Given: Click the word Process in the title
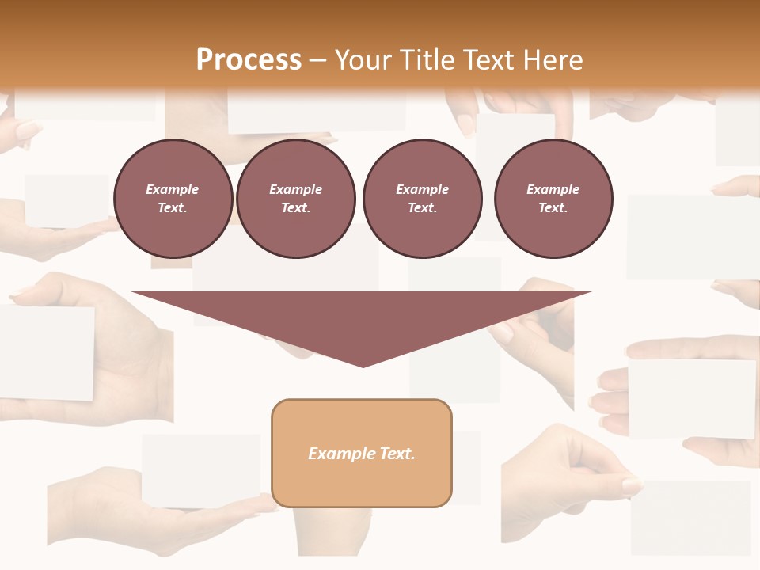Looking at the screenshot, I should click(x=249, y=60).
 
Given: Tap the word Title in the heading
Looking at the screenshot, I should click(x=430, y=60).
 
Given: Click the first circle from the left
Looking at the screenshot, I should click(x=173, y=199).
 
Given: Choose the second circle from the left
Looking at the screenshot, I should click(x=295, y=199).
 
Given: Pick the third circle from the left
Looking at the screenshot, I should click(x=422, y=199).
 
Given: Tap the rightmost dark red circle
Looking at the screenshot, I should click(x=553, y=199).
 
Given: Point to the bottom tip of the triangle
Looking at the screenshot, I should click(x=363, y=366).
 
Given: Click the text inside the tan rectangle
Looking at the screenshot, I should click(x=362, y=454).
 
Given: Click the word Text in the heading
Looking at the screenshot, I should click(x=490, y=60).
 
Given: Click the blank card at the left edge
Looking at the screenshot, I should click(x=46, y=352).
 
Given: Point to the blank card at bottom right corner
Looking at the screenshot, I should click(x=690, y=516).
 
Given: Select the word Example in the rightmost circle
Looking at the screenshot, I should click(x=553, y=189).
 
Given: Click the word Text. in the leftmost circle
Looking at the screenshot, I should click(x=173, y=208).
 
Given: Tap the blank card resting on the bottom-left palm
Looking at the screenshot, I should click(x=201, y=470).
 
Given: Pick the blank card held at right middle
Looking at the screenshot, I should click(x=692, y=397).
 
